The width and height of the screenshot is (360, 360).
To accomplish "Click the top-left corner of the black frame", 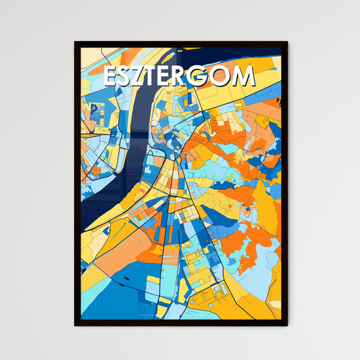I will point(75,43).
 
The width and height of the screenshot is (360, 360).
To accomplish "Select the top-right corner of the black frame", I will point(287,43).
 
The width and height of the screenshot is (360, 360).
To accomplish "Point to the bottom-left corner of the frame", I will point(75,326).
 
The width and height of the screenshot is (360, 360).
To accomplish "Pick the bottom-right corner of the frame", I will point(287,326).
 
